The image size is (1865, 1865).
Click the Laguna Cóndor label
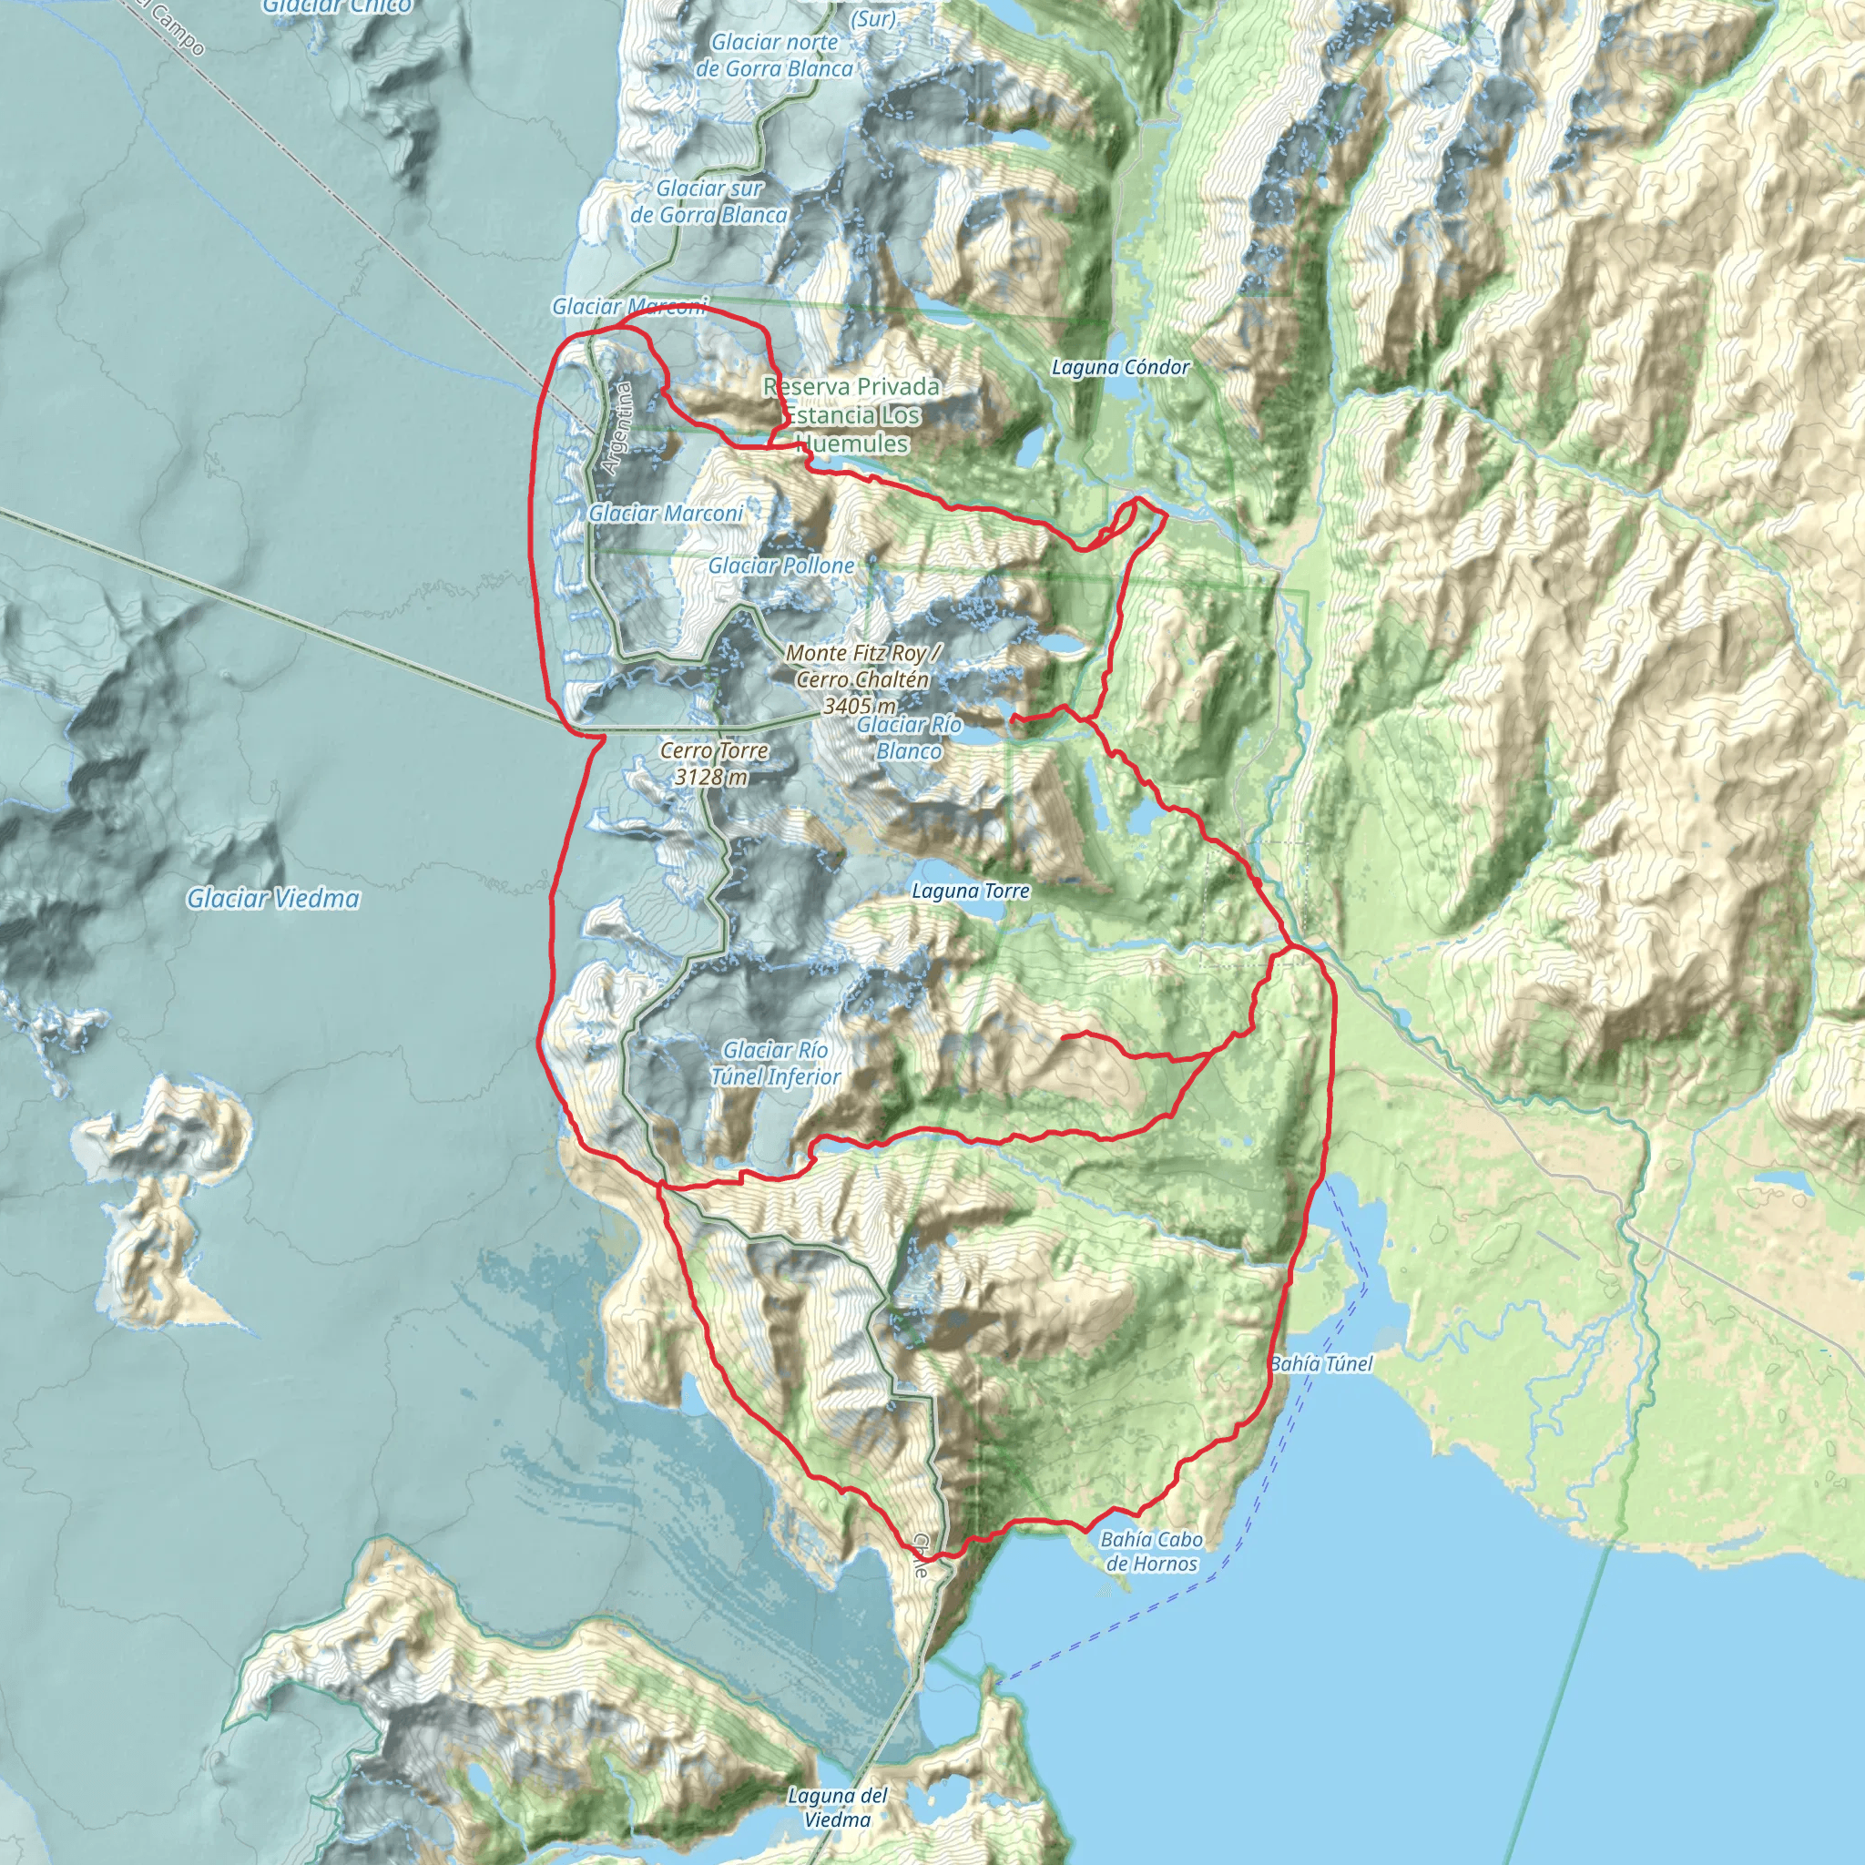coord(1120,367)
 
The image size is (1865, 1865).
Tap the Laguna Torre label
coord(970,891)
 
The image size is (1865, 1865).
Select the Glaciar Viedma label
coord(273,899)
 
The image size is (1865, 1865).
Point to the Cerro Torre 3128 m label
coord(713,763)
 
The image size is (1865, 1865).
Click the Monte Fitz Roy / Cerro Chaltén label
coord(862,666)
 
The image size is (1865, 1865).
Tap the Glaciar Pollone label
coord(781,566)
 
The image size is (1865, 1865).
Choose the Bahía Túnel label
coord(1320,1364)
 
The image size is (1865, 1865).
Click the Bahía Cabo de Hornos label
coord(1151,1551)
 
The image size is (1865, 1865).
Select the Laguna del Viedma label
coord(837,1807)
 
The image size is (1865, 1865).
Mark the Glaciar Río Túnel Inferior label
coord(775,1063)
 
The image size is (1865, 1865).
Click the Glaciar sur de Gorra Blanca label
coord(708,202)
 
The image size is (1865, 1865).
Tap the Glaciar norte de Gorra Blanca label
coord(774,55)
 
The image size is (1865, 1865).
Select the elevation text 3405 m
coord(858,707)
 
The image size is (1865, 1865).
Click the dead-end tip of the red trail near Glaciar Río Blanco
coord(1012,718)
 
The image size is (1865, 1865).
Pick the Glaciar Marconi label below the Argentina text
coord(666,514)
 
